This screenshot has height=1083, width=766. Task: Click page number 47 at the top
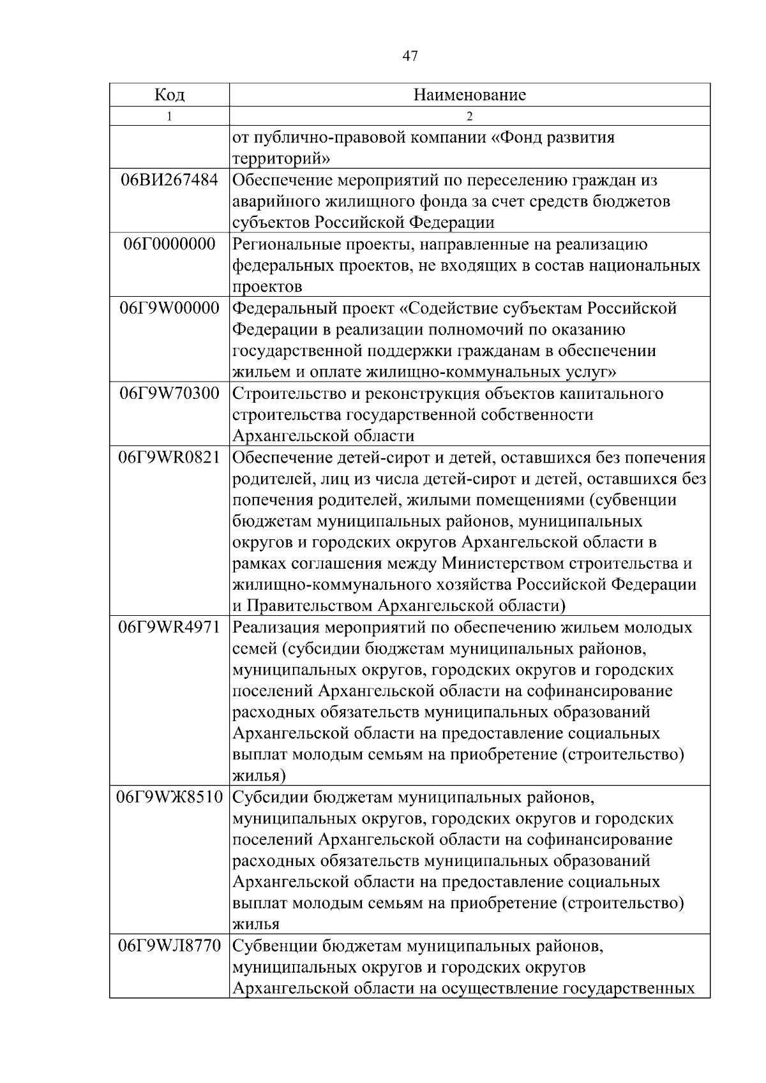[410, 57]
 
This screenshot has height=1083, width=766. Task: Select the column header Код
[169, 95]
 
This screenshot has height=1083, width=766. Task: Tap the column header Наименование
[469, 95]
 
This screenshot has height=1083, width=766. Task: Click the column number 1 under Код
[169, 116]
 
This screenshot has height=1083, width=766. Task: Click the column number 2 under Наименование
[469, 116]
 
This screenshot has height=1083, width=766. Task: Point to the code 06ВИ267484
[169, 180]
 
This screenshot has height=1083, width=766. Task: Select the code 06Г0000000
[169, 244]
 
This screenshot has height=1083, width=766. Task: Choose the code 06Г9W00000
[169, 308]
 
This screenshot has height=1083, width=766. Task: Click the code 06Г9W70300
[169, 393]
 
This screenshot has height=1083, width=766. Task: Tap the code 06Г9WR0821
[169, 458]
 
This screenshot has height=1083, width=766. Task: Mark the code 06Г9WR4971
[169, 627]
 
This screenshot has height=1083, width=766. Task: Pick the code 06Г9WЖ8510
[169, 798]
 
